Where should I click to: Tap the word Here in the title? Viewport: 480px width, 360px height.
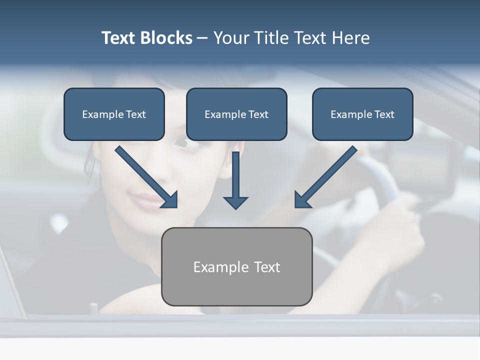pos(350,38)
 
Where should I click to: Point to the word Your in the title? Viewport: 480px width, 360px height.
pos(230,38)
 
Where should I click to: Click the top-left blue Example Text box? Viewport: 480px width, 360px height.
pos(114,114)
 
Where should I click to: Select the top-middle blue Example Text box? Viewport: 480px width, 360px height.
pos(236,114)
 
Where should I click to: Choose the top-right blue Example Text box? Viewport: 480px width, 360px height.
pos(362,114)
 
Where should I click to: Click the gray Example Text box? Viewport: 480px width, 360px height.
pos(236,266)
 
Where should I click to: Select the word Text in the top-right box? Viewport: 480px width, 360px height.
pos(384,114)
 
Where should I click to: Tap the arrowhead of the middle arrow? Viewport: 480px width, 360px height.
pos(235,202)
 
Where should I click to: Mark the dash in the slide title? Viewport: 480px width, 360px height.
pos(202,38)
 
